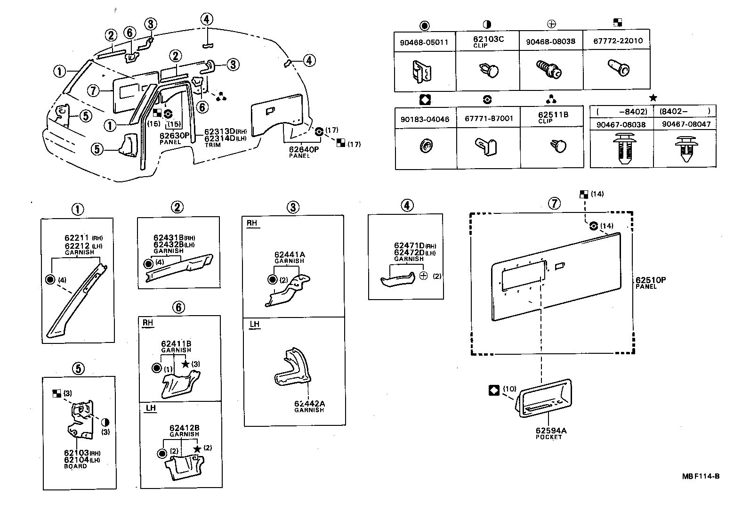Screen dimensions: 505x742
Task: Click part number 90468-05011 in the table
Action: (424, 42)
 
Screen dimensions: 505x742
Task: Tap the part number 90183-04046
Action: (424, 119)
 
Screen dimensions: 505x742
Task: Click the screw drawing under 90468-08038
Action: (549, 71)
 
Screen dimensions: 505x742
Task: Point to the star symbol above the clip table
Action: (653, 98)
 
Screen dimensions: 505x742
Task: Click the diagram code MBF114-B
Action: (701, 476)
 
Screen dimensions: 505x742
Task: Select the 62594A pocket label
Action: (550, 431)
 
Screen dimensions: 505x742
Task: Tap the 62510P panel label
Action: (650, 280)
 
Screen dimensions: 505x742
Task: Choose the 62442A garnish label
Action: (309, 404)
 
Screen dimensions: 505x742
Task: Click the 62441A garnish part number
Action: (290, 255)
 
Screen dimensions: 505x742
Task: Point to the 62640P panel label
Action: (304, 149)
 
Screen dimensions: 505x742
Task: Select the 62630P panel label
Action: (174, 136)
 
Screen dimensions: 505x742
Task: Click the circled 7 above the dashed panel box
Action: (555, 204)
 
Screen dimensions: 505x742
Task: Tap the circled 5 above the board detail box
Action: (78, 368)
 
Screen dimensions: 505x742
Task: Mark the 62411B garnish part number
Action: (176, 344)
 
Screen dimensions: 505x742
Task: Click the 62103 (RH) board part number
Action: (76, 453)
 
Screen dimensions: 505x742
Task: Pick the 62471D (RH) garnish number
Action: (409, 246)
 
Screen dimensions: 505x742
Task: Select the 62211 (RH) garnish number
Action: (77, 238)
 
